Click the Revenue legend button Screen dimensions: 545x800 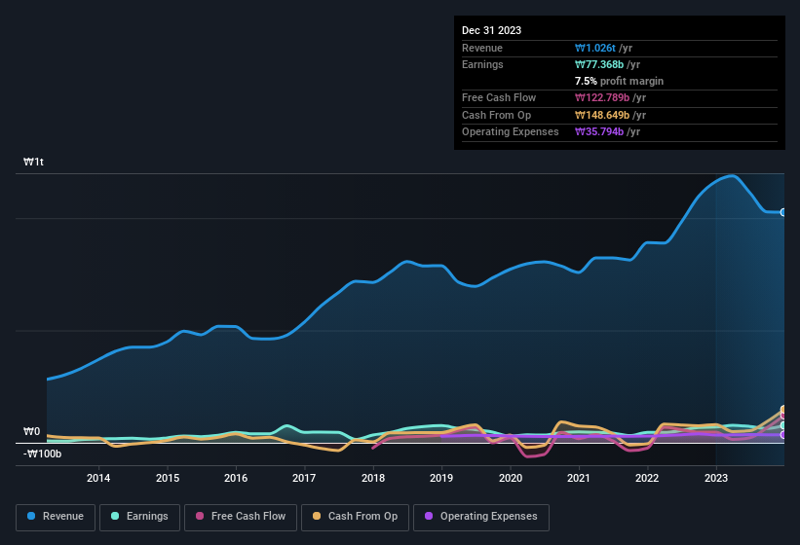tap(56, 517)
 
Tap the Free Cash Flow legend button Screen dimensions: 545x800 tap(241, 517)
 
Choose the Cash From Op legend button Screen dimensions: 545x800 tap(355, 517)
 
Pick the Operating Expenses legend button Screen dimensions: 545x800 tap(481, 517)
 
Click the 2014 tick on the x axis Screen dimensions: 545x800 tap(97, 478)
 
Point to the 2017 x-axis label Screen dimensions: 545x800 tap(304, 478)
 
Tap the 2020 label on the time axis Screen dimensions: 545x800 tap(510, 478)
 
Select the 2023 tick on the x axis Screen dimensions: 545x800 tap(716, 478)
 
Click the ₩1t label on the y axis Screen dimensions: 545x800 tap(33, 162)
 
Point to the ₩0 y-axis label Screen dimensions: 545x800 tap(32, 431)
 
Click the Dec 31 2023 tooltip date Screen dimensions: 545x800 tap(491, 30)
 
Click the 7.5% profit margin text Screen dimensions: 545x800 tap(619, 81)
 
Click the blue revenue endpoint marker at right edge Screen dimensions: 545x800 tap(783, 212)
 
